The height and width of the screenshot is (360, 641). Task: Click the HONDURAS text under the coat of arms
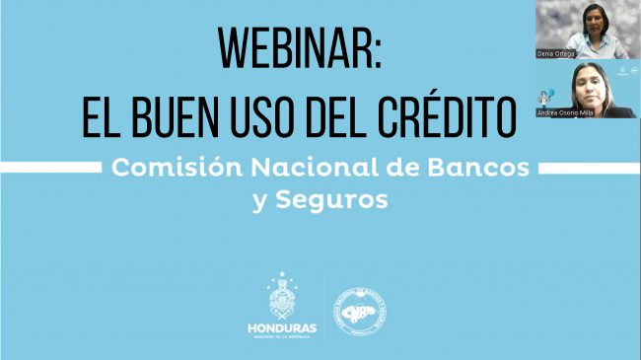tap(281, 328)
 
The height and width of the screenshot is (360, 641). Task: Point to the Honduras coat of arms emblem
tap(281, 300)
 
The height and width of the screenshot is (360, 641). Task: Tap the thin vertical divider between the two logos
tap(323, 309)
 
